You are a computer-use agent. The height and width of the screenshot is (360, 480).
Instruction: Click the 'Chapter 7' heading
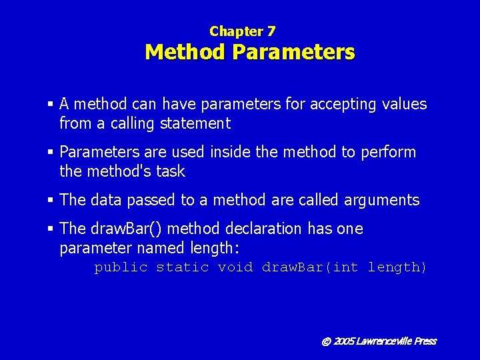click(242, 31)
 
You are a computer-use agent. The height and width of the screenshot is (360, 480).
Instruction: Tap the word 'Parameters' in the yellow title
click(294, 51)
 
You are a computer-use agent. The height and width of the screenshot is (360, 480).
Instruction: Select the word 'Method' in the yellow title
click(186, 51)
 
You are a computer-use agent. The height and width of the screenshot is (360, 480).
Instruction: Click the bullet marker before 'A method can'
click(51, 104)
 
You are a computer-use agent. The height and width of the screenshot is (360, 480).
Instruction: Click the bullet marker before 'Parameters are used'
click(51, 152)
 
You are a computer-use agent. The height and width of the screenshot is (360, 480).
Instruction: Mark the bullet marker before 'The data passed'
click(51, 200)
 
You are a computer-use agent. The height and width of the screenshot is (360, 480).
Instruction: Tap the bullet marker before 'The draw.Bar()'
click(51, 229)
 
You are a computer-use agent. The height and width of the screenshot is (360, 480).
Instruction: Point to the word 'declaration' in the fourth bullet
click(263, 229)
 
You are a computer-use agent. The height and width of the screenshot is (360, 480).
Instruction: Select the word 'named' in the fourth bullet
click(157, 248)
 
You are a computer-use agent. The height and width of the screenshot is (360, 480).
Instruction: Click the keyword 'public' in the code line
click(121, 267)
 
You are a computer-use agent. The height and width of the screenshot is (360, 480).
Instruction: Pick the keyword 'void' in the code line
click(235, 267)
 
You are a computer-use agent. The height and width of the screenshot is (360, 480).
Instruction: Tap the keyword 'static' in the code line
click(182, 267)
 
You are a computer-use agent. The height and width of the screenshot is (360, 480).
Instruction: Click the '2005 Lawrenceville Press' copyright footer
click(379, 341)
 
